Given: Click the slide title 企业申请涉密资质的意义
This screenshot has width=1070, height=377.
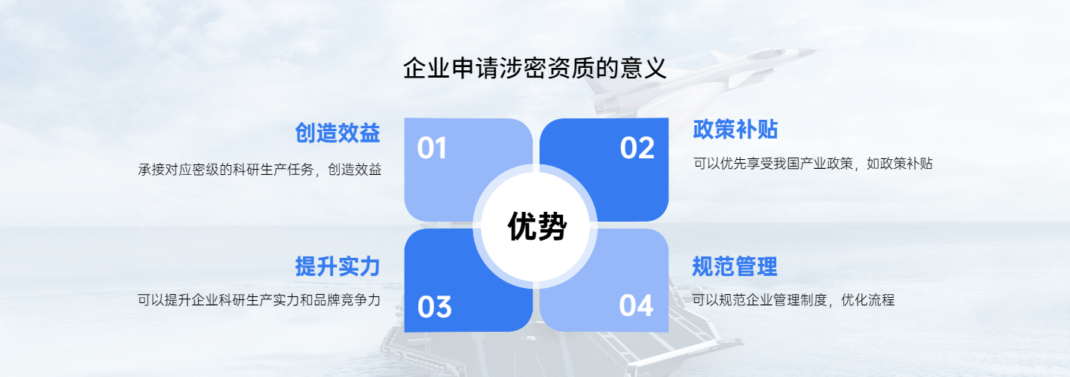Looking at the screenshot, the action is tap(534, 69).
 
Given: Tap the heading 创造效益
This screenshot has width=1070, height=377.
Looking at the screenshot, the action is tap(338, 133).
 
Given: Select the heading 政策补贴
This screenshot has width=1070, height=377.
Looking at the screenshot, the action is tap(735, 130).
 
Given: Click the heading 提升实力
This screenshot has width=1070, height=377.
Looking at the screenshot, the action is tap(338, 267).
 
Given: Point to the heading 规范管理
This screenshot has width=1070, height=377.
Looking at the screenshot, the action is tap(735, 267).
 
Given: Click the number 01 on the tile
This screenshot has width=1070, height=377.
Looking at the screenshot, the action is tap(432, 148).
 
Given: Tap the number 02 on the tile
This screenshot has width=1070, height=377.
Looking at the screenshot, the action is tap(637, 148).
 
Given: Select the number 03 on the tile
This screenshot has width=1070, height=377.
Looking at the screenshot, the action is tap(434, 307).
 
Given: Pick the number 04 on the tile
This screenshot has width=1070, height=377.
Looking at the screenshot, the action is tap(636, 306).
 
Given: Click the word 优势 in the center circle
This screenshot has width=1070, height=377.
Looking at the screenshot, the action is tap(537, 226).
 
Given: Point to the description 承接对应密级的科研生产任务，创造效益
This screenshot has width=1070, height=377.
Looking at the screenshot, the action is tap(260, 170).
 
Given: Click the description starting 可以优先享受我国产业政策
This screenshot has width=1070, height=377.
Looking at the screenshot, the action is tap(813, 164).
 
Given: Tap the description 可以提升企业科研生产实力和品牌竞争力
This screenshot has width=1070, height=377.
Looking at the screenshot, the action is tap(259, 300).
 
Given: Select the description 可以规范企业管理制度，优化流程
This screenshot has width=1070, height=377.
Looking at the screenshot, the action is tap(793, 300).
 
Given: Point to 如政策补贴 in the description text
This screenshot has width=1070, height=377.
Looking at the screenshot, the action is tap(900, 164).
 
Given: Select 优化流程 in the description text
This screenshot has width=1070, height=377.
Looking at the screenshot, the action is tap(867, 300).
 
